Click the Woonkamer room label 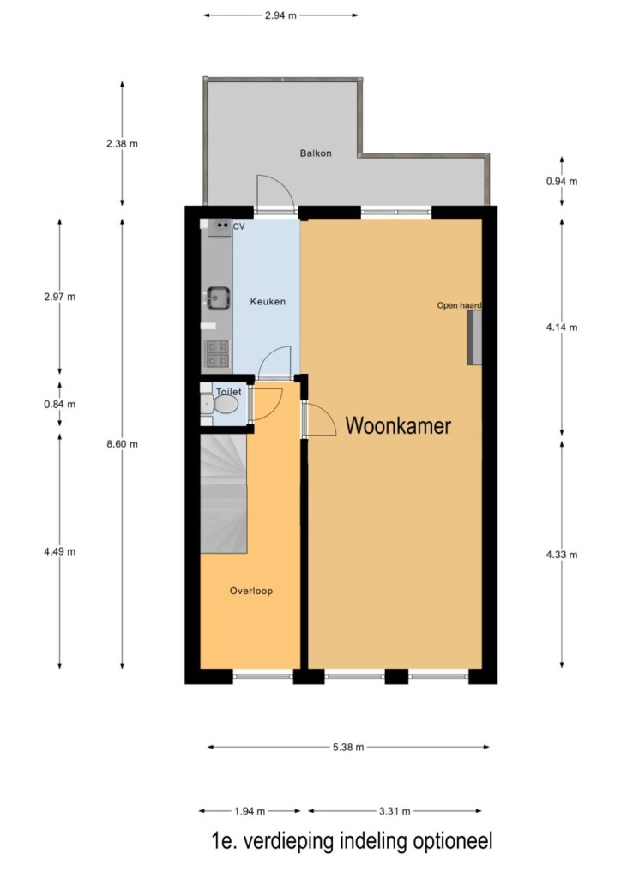[x=398, y=425]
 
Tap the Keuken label [x=268, y=301]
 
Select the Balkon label [x=316, y=153]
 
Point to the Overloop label [x=250, y=591]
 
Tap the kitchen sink [x=218, y=298]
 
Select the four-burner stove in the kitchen [x=217, y=354]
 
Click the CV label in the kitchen [x=238, y=226]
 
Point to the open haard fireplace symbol [x=474, y=338]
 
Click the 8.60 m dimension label [x=122, y=444]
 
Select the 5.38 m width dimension [x=348, y=747]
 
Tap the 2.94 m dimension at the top [x=280, y=15]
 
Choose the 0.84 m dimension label [x=60, y=405]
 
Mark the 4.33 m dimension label [x=562, y=555]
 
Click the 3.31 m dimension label [x=395, y=811]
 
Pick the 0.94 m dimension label [x=562, y=182]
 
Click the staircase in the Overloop [x=223, y=494]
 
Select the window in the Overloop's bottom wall [x=263, y=677]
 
